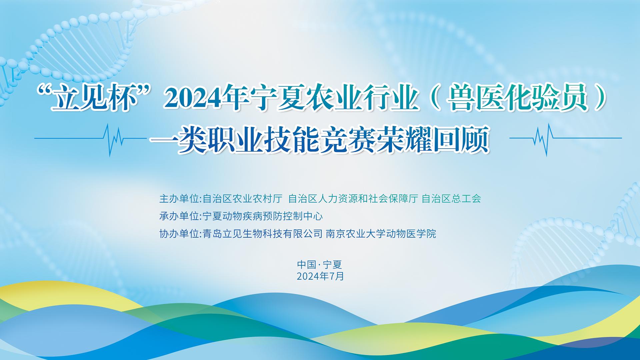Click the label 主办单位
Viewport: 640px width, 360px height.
[179, 199]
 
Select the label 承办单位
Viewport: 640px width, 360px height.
[179, 216]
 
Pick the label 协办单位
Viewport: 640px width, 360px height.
[179, 234]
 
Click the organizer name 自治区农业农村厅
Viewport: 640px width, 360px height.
[242, 199]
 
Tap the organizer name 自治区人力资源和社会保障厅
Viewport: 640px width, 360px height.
[353, 199]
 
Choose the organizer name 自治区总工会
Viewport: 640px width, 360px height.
[451, 199]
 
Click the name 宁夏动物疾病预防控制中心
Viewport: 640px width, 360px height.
[263, 216]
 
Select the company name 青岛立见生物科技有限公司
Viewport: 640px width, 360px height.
[263, 234]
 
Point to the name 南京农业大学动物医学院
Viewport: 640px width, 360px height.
[381, 234]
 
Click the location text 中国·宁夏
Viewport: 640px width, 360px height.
[320, 265]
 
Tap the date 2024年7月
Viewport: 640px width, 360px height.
[320, 276]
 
